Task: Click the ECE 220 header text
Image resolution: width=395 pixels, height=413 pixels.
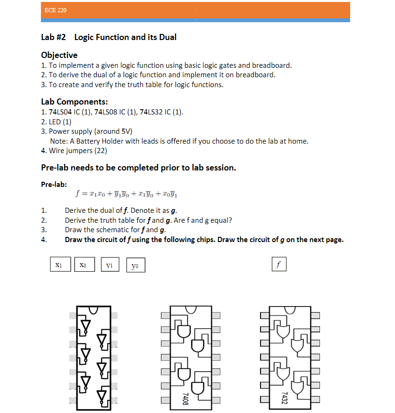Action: point(55,10)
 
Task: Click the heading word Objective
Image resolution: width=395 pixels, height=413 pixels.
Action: point(59,55)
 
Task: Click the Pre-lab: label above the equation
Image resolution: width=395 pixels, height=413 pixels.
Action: point(54,184)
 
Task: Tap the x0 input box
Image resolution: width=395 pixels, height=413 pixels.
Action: point(84,265)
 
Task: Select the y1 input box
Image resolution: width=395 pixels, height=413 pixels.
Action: point(109,265)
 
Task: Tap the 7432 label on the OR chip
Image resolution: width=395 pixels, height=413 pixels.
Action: point(284,398)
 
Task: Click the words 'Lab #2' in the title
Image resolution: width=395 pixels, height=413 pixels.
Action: point(53,37)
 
